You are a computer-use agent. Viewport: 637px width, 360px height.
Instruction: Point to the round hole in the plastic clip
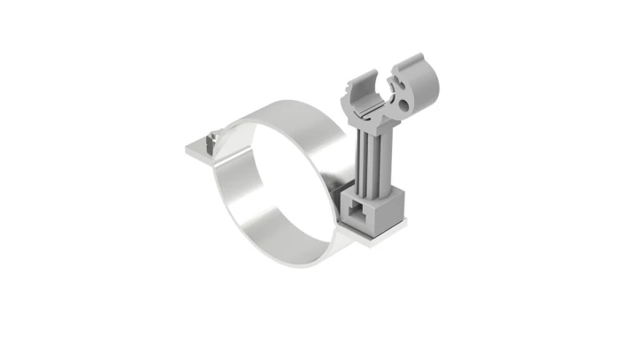[x=406, y=104]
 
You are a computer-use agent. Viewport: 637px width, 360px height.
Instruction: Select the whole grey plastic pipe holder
[x=376, y=150]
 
